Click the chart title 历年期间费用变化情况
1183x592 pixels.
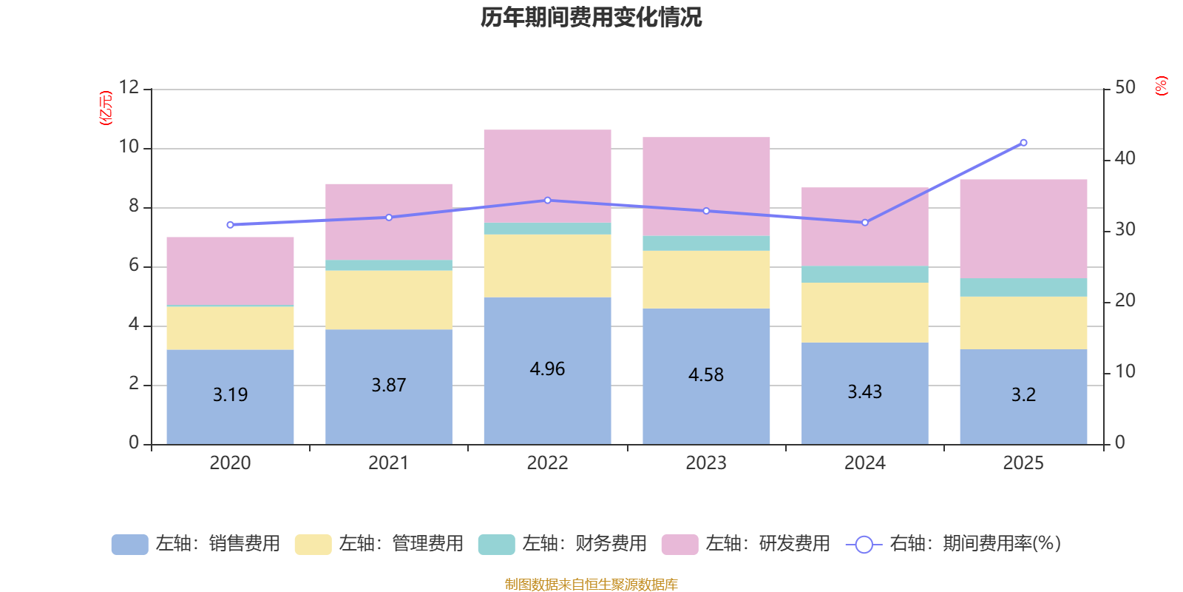pos(591,17)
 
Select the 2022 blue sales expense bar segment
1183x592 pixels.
pos(547,400)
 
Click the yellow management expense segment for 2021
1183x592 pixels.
pos(389,300)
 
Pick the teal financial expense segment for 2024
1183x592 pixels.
pos(865,274)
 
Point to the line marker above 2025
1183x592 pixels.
pos(1023,143)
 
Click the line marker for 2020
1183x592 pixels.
pos(230,225)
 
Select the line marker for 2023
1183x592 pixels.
pos(706,211)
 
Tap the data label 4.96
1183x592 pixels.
pos(547,369)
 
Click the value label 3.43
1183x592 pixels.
pos(865,391)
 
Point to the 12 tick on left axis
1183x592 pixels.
pos(129,87)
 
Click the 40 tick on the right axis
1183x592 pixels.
pos(1125,158)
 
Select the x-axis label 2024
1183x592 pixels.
pos(865,463)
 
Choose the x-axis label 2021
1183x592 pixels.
pos(389,463)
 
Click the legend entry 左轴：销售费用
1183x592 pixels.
pos(196,544)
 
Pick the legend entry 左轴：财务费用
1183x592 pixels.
pos(563,544)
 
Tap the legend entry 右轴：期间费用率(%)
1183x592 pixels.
pos(954,544)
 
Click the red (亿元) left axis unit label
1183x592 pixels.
pos(106,108)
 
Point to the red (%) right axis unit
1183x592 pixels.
pos(1162,86)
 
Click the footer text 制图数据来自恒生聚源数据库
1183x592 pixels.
pos(591,585)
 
